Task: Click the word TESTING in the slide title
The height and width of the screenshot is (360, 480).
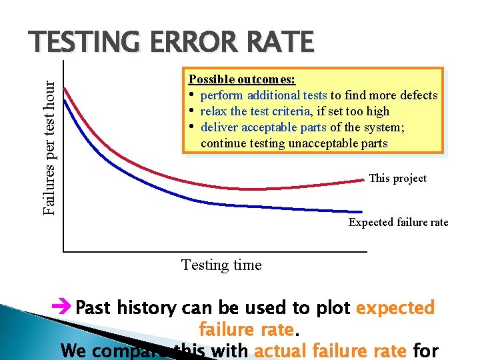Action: pos(80,42)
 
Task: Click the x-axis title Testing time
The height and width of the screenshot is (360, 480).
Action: pos(221,265)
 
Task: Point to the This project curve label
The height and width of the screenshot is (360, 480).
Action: pos(397,178)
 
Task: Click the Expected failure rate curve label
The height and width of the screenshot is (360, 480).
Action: pos(398,223)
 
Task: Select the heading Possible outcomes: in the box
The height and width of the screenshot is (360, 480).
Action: pos(242,79)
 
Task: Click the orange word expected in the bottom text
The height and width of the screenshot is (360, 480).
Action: pos(395,308)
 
